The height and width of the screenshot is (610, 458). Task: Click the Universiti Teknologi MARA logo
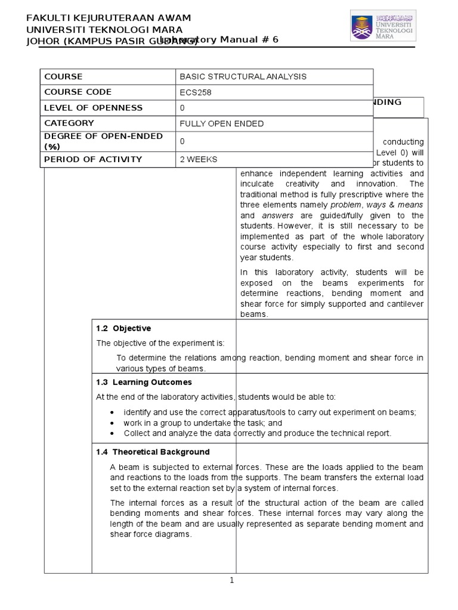tap(383, 25)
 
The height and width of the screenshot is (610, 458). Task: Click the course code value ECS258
tap(196, 92)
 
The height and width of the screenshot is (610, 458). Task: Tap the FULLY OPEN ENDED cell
tap(221, 124)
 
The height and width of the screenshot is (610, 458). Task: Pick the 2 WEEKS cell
tap(199, 159)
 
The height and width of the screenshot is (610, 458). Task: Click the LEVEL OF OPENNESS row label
tap(93, 108)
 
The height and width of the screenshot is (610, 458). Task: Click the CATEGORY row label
tap(69, 123)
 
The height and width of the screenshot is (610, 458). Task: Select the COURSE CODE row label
tap(78, 92)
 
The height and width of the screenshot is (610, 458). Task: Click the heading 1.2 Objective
tap(123, 328)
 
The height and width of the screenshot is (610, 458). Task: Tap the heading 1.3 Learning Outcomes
tap(144, 382)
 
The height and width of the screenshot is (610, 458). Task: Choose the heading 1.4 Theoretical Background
tap(153, 452)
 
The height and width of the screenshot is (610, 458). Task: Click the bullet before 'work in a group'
tap(113, 423)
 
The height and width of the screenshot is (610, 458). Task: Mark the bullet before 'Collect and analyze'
tap(113, 433)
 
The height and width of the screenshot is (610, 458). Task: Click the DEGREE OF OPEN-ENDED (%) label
tap(103, 141)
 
